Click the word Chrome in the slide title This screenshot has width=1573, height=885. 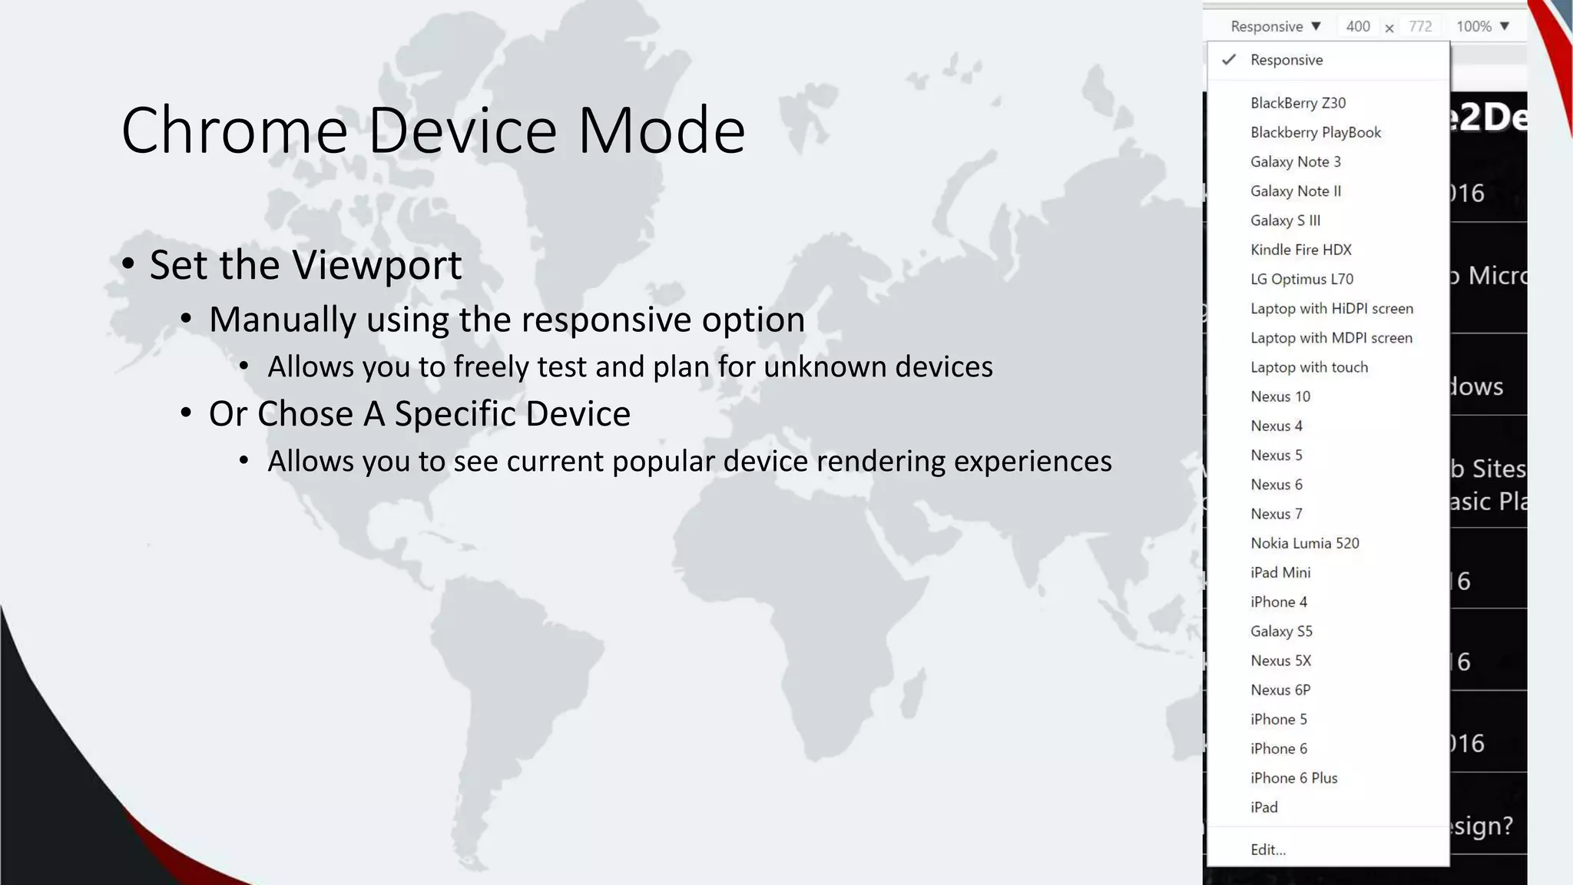pyautogui.click(x=234, y=131)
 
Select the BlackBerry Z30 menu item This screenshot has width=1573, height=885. pyautogui.click(x=1298, y=103)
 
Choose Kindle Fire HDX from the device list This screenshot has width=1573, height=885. pyautogui.click(x=1300, y=250)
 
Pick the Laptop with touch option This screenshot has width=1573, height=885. pyautogui.click(x=1309, y=367)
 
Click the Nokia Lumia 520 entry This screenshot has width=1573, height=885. pyautogui.click(x=1304, y=543)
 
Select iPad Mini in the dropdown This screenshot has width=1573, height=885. pyautogui.click(x=1280, y=572)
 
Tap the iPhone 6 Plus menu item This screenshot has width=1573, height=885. pyautogui.click(x=1293, y=778)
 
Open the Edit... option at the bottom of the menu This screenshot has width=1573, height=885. pyautogui.click(x=1267, y=850)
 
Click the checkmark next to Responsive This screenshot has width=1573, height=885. pyautogui.click(x=1229, y=60)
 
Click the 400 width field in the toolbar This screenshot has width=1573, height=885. pyautogui.click(x=1357, y=27)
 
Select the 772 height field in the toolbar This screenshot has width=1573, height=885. pyautogui.click(x=1420, y=27)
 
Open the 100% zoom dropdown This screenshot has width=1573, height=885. pyautogui.click(x=1482, y=27)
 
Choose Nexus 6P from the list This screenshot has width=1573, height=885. pyautogui.click(x=1280, y=690)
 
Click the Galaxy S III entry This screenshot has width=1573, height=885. pyautogui.click(x=1285, y=220)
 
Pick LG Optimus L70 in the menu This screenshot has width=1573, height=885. pyautogui.click(x=1302, y=279)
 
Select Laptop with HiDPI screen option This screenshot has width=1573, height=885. pyautogui.click(x=1331, y=309)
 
